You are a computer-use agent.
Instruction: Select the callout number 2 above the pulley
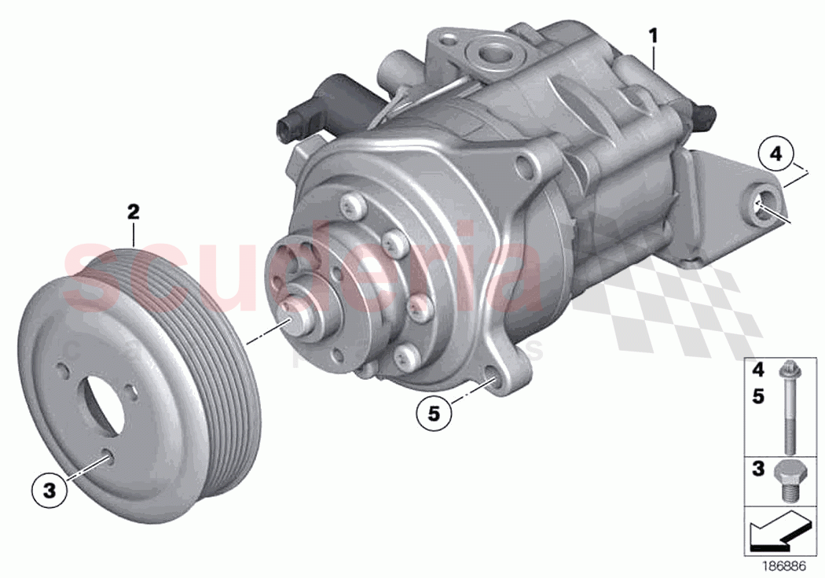point(134,211)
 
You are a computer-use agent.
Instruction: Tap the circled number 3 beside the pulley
point(49,491)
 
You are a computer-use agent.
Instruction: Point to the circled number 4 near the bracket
point(775,156)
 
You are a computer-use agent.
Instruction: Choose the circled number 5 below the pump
point(434,411)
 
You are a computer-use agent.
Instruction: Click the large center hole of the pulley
point(104,409)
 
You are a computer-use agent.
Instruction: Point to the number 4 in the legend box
point(758,369)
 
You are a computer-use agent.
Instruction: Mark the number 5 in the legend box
point(758,397)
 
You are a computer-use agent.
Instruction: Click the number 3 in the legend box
point(758,469)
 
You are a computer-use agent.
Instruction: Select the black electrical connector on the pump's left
point(294,124)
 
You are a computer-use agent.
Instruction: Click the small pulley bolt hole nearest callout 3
point(106,454)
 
